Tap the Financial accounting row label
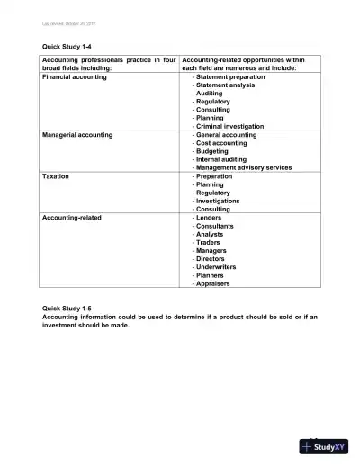(75, 77)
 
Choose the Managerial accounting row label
(77, 135)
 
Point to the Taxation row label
(57, 176)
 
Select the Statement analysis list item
(226, 85)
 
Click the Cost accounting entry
(221, 143)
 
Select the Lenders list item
(211, 218)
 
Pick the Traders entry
(210, 242)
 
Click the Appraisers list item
(213, 283)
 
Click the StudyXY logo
(325, 445)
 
